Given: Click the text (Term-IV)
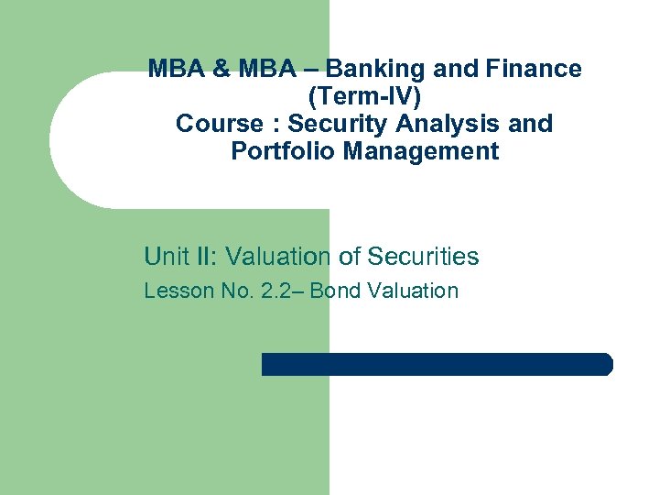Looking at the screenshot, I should [364, 96].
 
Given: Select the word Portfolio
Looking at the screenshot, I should [283, 151].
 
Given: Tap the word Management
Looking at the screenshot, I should [421, 151].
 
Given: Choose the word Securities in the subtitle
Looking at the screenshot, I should [424, 257].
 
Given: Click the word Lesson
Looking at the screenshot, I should [172, 291].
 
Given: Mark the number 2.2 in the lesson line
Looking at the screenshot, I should [275, 291].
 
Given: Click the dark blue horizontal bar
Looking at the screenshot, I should [437, 364].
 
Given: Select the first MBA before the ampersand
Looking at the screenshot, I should [174, 69].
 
